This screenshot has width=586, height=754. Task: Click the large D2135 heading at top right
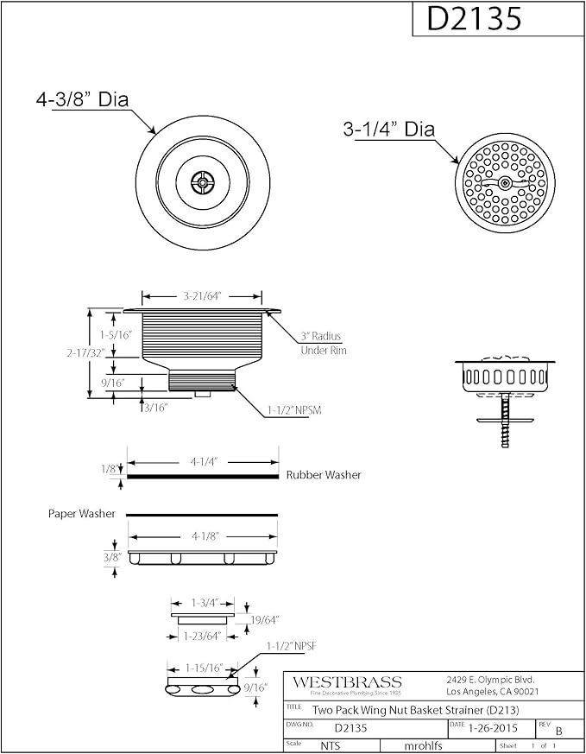474,19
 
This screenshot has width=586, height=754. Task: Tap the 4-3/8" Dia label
83,99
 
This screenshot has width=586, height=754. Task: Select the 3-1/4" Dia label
389,129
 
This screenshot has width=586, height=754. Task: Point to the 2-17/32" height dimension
85,353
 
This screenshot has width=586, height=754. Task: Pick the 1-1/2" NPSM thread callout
294,410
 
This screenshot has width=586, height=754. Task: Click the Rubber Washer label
324,475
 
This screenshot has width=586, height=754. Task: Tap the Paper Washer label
82,514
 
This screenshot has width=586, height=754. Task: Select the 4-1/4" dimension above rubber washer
205,461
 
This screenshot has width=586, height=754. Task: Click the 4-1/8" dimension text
205,535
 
